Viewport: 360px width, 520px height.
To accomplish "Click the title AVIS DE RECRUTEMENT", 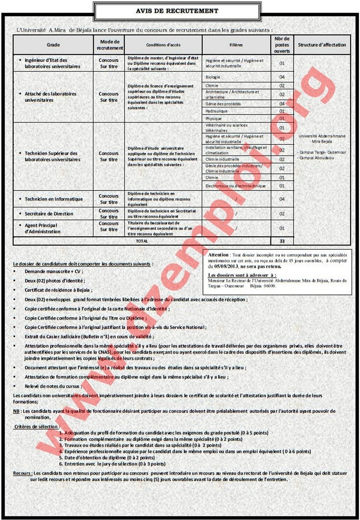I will click(177, 11).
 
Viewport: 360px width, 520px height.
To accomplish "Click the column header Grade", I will click(53, 45).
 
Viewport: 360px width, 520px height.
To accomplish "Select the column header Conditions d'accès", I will click(163, 45).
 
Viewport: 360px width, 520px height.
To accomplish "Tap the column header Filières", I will click(236, 45).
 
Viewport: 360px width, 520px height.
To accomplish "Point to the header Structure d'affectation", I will click(322, 45).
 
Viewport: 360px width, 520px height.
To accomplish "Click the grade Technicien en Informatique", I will click(54, 199).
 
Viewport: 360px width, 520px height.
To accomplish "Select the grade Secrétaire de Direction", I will click(49, 214).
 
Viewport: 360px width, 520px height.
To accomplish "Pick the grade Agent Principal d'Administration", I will click(42, 228).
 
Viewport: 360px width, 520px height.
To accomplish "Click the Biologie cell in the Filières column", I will click(213, 77).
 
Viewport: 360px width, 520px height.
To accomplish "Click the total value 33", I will click(282, 241).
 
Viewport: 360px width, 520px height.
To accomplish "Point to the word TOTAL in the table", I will click(142, 241).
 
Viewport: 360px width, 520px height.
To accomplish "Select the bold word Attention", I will click(218, 255).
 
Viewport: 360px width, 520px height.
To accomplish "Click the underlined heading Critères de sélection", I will click(36, 427).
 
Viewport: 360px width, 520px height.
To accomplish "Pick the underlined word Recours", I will click(22, 473).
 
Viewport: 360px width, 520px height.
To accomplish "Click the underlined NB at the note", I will click(16, 411).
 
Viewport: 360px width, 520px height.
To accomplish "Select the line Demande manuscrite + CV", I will click(54, 271).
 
